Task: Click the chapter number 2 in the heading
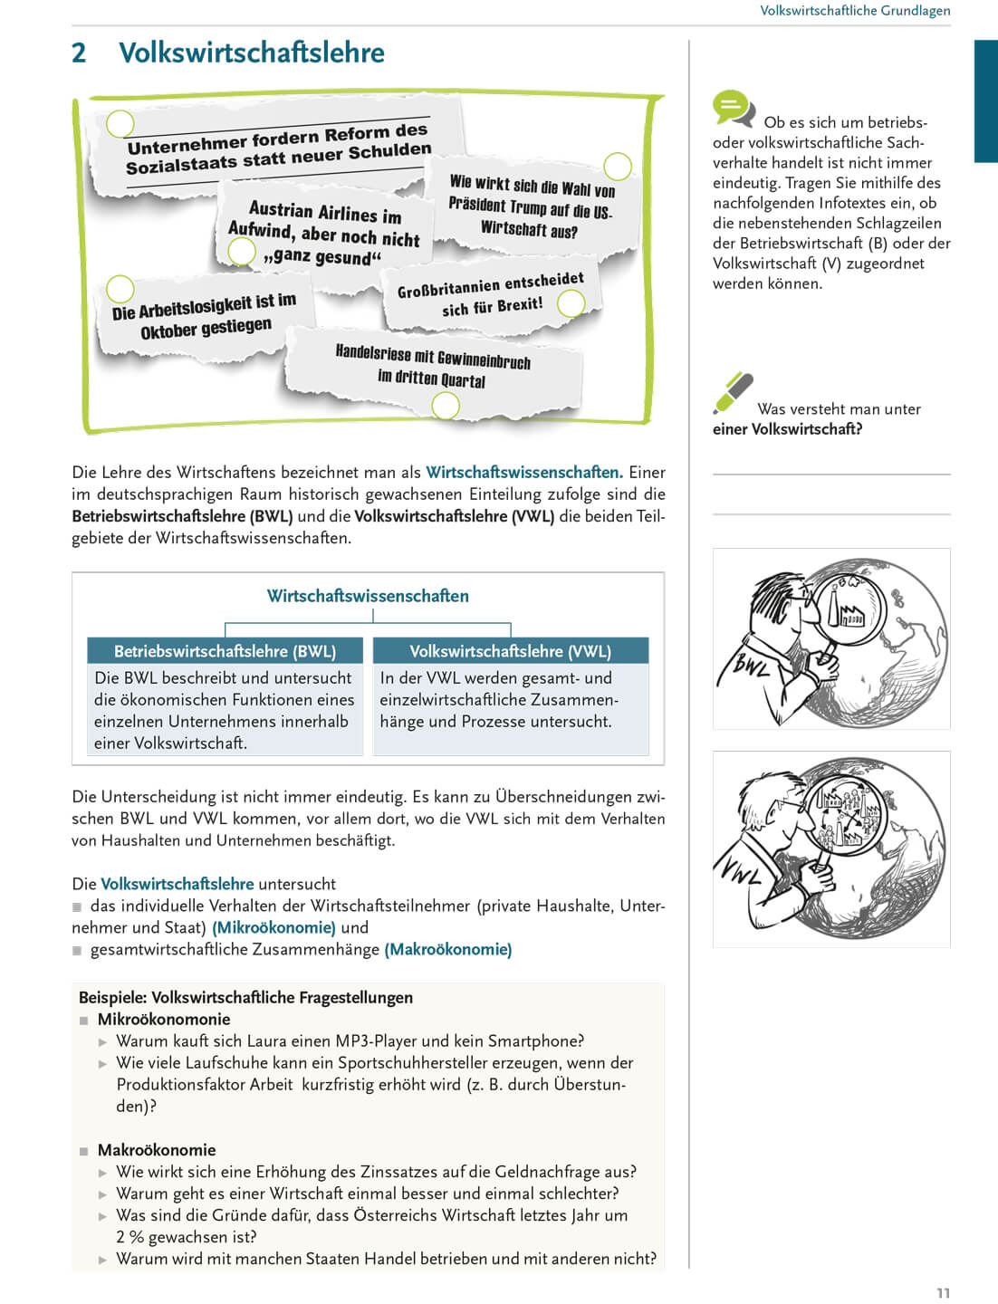pos(79,53)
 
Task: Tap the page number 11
pos(943,1292)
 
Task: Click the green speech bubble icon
pos(733,108)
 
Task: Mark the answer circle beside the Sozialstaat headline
pos(120,124)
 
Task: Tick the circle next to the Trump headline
pos(618,167)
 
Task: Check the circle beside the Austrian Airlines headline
pos(242,251)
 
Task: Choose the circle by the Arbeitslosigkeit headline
pos(120,289)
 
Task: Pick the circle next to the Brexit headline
pos(571,304)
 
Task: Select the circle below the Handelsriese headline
pos(446,406)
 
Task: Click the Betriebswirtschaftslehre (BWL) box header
pos(225,651)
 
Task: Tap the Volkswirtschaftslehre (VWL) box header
pos(510,651)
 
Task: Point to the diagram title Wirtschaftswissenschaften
pos(368,596)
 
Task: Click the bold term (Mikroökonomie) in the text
pos(273,927)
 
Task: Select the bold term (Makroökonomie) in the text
pos(448,949)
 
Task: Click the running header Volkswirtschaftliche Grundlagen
pos(855,11)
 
